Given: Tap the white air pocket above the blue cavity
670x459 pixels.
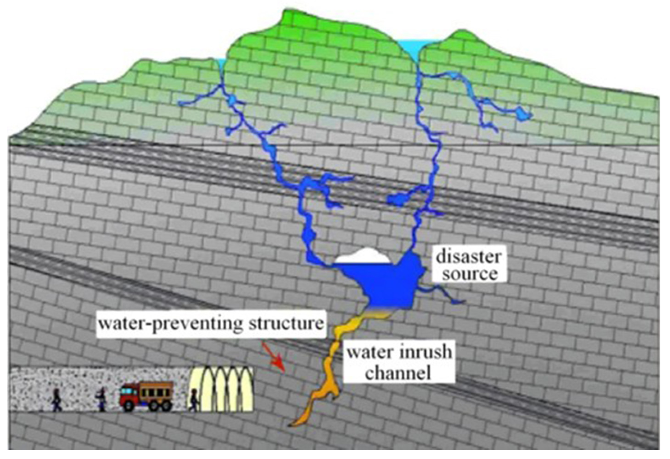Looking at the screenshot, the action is (363, 256).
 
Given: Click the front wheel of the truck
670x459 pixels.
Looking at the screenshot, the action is (128, 405).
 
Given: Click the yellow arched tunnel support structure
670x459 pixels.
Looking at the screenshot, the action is (222, 389).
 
